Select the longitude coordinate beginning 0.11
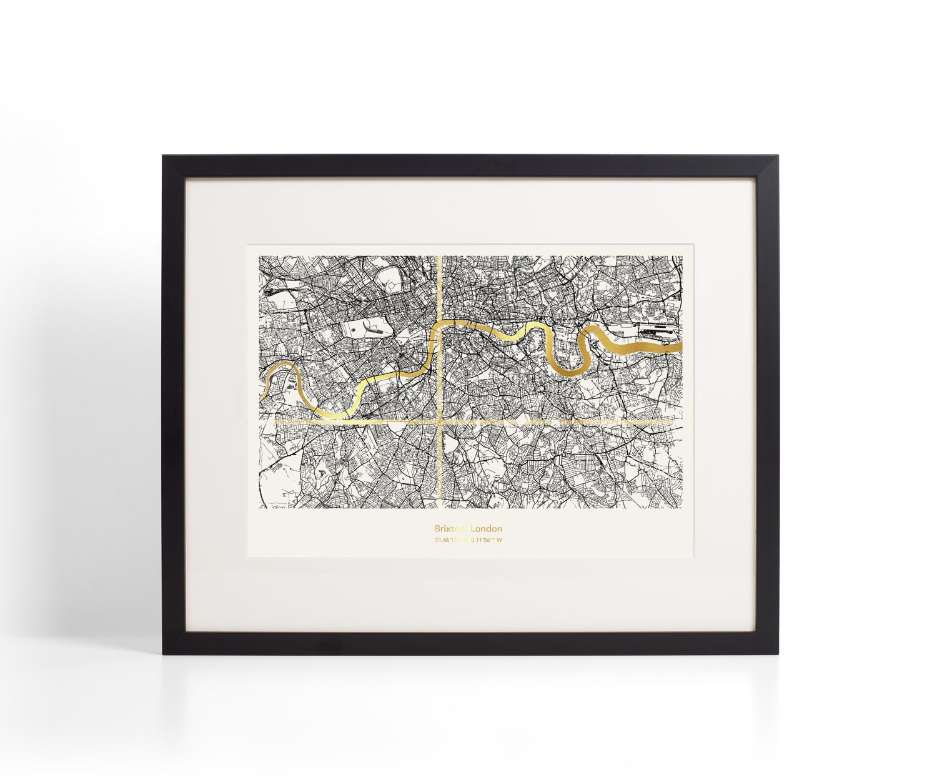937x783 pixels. coord(487,540)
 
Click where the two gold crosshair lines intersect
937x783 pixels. coord(441,423)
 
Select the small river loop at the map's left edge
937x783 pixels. coord(275,381)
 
